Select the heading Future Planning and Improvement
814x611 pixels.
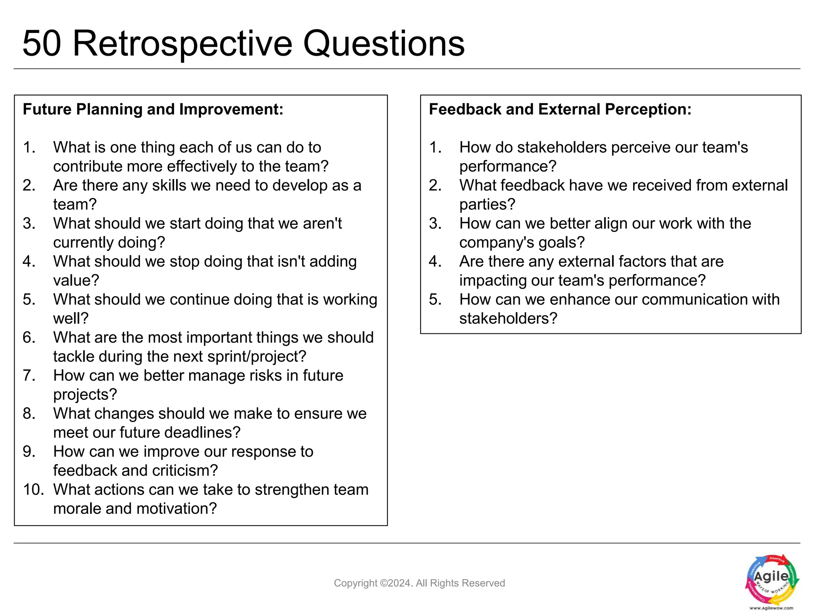tap(153, 109)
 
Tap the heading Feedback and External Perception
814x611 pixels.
tap(560, 109)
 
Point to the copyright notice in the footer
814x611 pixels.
tap(419, 583)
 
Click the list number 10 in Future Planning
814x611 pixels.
tap(33, 490)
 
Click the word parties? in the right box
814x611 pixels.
tap(487, 204)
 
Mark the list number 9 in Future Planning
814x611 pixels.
tap(29, 451)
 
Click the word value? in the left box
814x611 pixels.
tap(76, 280)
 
